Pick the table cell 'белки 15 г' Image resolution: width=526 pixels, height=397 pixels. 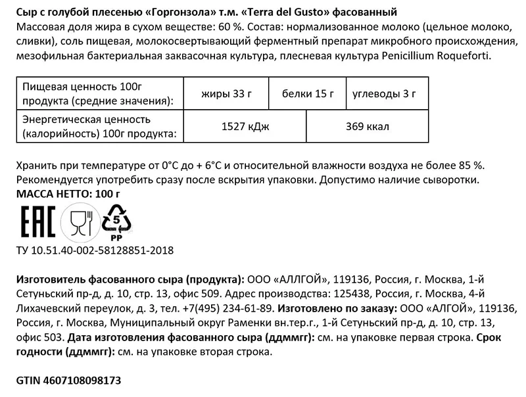[x=308, y=93]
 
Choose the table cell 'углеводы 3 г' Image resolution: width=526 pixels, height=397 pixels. [x=385, y=93]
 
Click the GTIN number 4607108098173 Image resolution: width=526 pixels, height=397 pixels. [x=68, y=381]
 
